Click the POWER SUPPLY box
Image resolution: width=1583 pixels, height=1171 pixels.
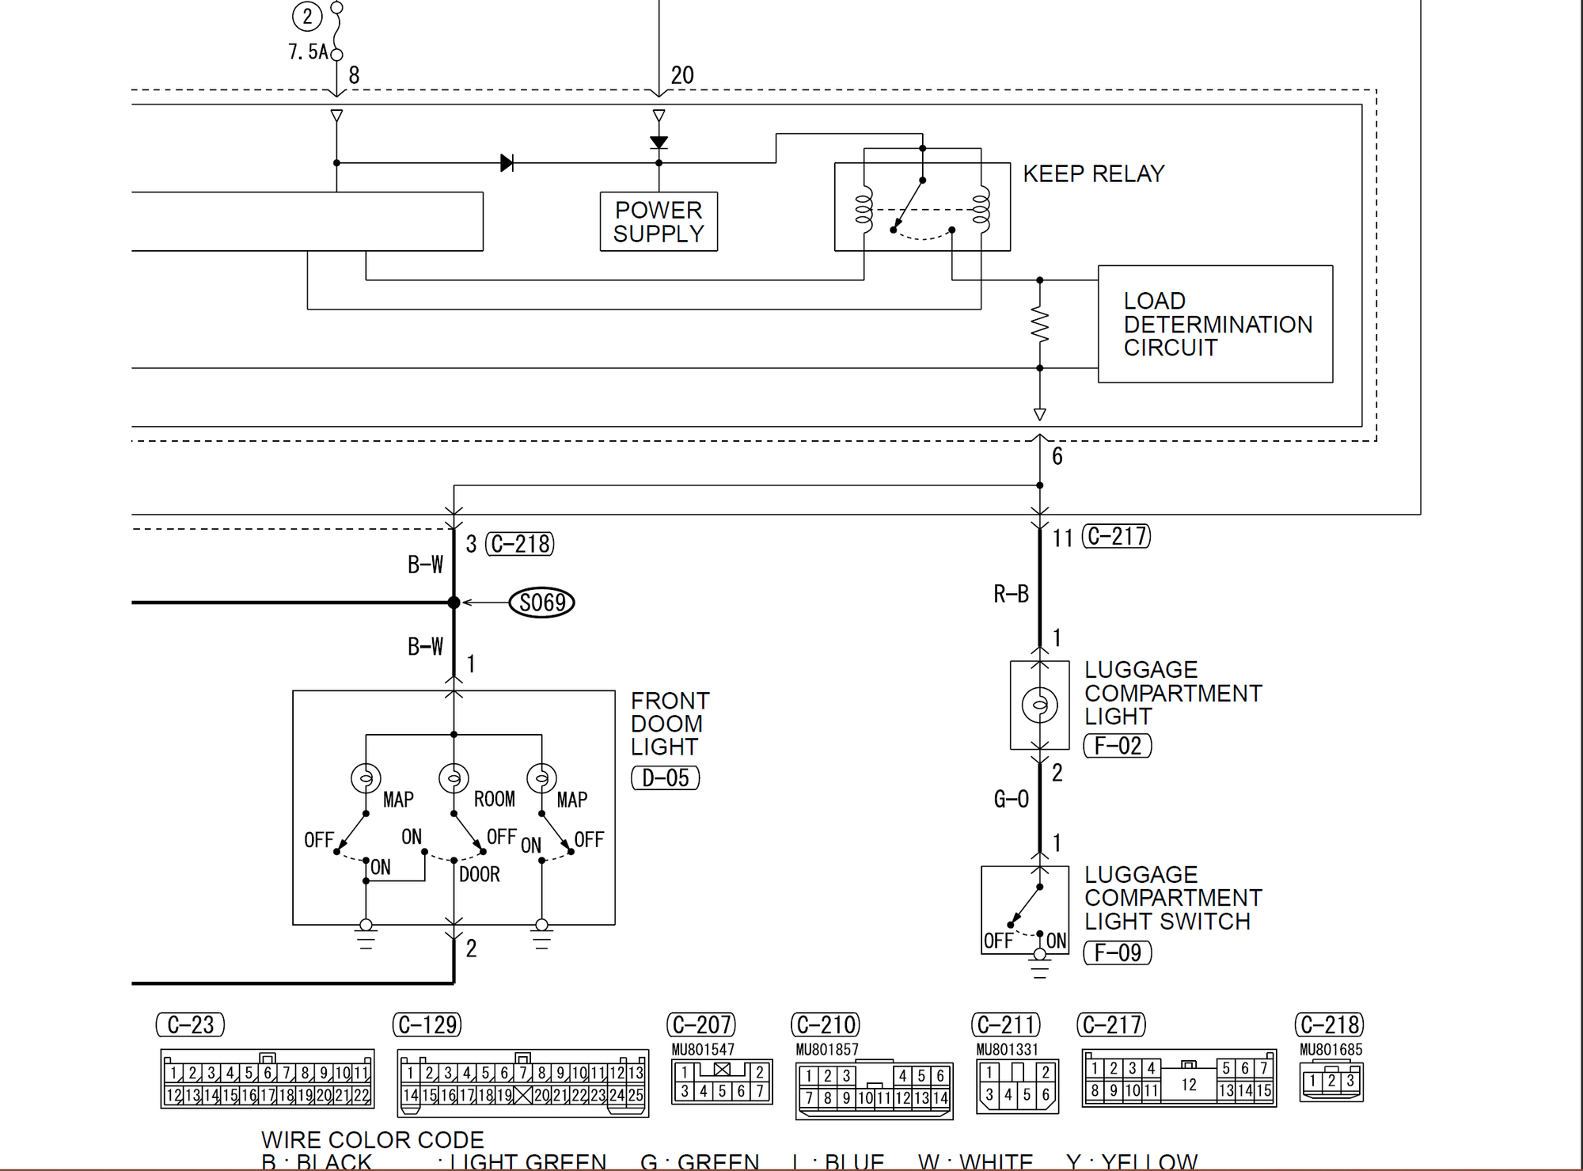click(x=659, y=222)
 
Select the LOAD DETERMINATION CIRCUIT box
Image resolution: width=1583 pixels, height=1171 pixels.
click(x=1215, y=324)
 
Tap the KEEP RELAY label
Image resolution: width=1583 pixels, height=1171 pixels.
click(x=1093, y=174)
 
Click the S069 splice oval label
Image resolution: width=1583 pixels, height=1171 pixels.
click(x=541, y=603)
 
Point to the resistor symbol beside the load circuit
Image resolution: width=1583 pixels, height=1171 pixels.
click(x=1039, y=325)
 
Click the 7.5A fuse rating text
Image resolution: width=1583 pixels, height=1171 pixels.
click(x=308, y=52)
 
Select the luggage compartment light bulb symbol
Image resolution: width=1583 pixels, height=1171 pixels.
click(x=1039, y=704)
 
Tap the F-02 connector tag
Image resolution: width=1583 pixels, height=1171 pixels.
click(x=1117, y=746)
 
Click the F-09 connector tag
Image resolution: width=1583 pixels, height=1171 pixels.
click(x=1117, y=952)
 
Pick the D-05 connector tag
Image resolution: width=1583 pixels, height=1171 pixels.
click(x=665, y=778)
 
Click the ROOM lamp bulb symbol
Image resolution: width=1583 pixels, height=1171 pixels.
click(x=454, y=778)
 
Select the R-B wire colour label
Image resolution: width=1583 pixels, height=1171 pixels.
click(x=1011, y=594)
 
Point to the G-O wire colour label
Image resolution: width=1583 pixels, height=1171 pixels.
click(x=1011, y=800)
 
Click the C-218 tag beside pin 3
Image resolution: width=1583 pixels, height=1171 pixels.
click(x=519, y=544)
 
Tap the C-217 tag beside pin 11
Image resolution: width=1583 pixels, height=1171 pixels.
click(x=1116, y=537)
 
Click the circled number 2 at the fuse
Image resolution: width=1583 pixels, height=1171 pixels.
click(x=307, y=17)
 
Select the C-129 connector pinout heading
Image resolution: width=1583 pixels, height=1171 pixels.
click(x=427, y=1025)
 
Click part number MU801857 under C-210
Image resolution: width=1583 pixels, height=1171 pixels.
click(x=826, y=1050)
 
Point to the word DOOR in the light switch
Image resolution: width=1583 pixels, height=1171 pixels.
click(x=480, y=875)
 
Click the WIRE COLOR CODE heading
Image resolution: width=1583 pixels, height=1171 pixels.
click(x=372, y=1140)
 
